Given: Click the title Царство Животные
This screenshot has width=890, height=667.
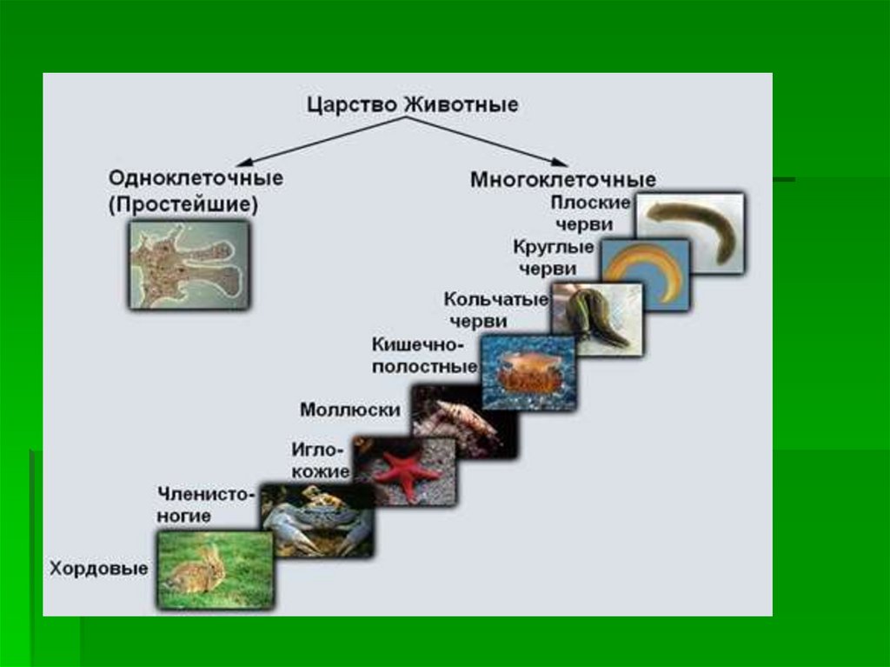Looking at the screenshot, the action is pos(412,104).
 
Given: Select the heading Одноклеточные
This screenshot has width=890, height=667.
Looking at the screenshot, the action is pos(196,177).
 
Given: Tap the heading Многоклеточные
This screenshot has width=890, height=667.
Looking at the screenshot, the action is pos(562,180).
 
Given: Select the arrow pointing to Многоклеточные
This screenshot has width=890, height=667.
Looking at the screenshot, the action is pos(504,141).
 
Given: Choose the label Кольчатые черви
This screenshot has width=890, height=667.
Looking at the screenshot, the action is pos(496,310).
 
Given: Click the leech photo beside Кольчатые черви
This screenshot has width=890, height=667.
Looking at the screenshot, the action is pos(596,318).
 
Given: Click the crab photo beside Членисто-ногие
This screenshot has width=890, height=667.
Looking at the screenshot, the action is pos(317,520).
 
